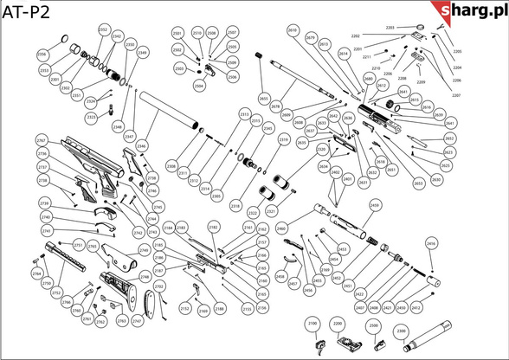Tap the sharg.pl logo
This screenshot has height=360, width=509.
pos(471,10)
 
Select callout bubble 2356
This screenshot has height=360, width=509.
pos(42,54)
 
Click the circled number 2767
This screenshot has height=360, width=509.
pos(42,140)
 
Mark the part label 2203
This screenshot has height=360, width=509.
pos(390,28)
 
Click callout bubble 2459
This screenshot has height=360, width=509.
pos(375,205)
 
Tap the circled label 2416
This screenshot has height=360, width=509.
pos(432,245)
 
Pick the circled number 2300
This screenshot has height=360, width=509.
pos(400,330)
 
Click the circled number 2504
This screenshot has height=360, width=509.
pos(198,87)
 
